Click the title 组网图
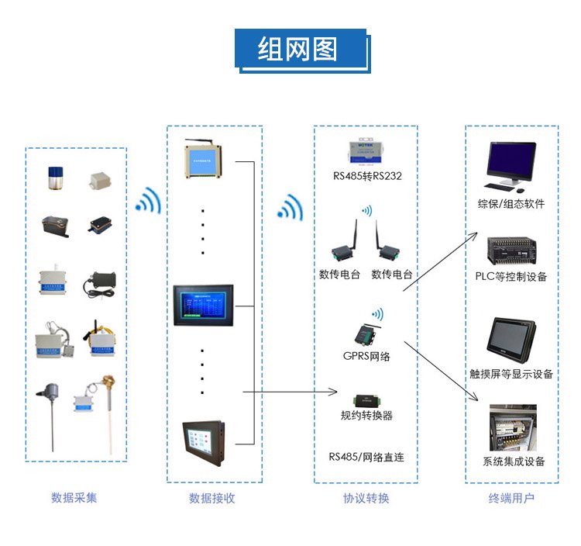point(298,49)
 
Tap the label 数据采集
point(74,498)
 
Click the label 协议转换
point(366,498)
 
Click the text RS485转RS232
point(367,176)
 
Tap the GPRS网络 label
point(366,356)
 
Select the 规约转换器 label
point(366,416)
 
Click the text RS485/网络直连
point(366,457)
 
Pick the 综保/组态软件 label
point(511,204)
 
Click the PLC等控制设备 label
point(511,276)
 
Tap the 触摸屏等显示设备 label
point(511,374)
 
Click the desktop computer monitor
point(511,163)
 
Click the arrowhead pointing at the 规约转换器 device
point(336,392)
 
